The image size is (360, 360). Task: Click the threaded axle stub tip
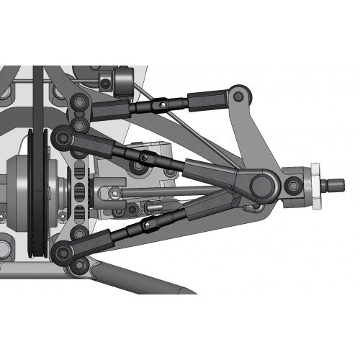coord(338,186)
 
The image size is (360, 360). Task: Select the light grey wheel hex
coord(314,186)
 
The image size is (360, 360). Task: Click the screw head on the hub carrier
coord(292,187)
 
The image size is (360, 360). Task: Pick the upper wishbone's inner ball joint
coord(60,137)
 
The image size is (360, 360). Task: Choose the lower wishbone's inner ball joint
coord(60,251)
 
